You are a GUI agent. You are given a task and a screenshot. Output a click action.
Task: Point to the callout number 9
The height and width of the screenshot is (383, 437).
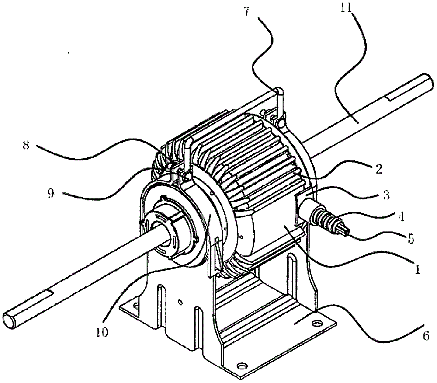point(51,193)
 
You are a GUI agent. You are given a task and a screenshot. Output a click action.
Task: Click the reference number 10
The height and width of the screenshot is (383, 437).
point(102,332)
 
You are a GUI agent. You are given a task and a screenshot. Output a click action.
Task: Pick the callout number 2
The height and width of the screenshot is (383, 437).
point(378,169)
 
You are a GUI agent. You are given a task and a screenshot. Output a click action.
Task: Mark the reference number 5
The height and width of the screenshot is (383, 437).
point(411,238)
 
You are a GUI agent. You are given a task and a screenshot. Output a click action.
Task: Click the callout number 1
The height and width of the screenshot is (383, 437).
point(417,269)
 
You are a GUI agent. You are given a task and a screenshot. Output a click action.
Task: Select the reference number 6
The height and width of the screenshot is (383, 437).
point(426,336)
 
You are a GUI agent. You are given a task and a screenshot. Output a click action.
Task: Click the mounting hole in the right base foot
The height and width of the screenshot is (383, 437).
point(316,324)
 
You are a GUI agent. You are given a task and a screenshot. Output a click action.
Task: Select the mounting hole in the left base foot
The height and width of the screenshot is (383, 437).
point(136,306)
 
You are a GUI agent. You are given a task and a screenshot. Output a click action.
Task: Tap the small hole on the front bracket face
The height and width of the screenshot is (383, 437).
point(180,301)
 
